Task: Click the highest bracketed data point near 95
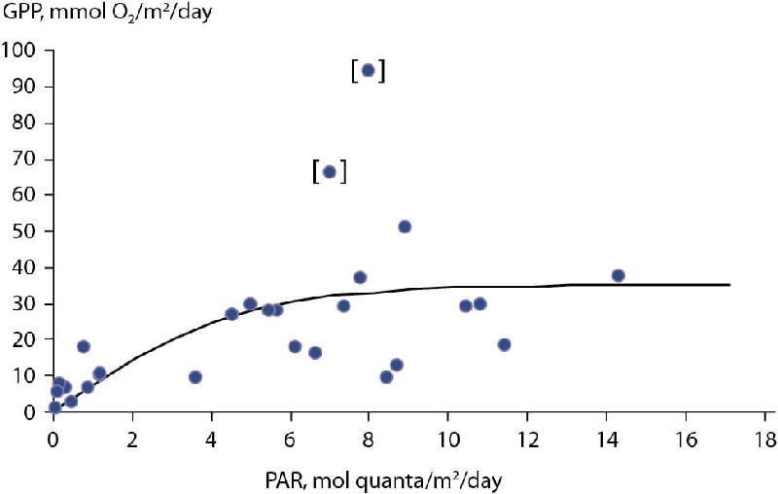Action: [368, 70]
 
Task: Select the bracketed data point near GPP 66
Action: [329, 171]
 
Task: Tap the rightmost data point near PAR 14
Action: [618, 275]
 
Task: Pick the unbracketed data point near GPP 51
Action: [405, 227]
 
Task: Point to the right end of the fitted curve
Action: [728, 285]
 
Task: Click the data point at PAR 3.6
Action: [194, 376]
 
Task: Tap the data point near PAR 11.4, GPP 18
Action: [504, 344]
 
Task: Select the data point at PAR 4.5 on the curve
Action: [231, 313]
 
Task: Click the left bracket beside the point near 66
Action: [316, 171]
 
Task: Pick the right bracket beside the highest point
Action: [383, 70]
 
